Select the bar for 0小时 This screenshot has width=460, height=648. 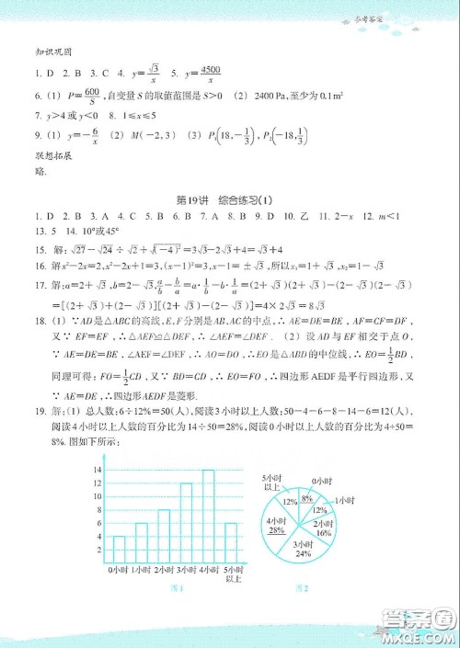(119, 549)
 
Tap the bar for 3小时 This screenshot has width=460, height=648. (187, 529)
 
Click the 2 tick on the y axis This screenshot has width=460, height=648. (98, 549)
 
